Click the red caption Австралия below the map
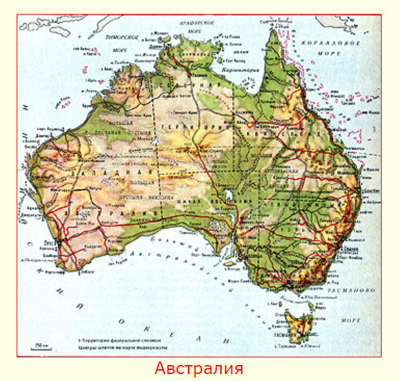(x=199, y=368)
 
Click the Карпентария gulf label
(x=238, y=70)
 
